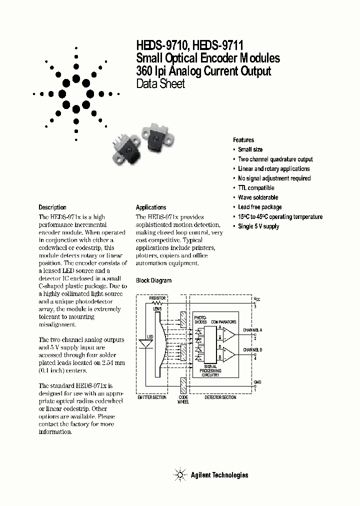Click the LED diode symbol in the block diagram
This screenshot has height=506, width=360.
pyautogui.click(x=145, y=343)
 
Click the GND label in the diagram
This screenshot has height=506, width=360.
pyautogui.click(x=257, y=381)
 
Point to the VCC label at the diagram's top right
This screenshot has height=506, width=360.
pyautogui.click(x=257, y=298)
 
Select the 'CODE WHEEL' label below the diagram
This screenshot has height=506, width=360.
pyautogui.click(x=183, y=399)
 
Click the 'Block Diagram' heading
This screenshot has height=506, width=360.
pyautogui.click(x=153, y=280)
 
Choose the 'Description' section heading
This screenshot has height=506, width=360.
pyautogui.click(x=52, y=207)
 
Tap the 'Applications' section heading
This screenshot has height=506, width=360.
pyautogui.click(x=151, y=207)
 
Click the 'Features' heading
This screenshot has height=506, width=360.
pyautogui.click(x=243, y=140)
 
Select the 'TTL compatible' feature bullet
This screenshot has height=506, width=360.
pyautogui.click(x=256, y=188)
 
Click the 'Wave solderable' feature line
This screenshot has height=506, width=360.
pyautogui.click(x=258, y=197)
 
